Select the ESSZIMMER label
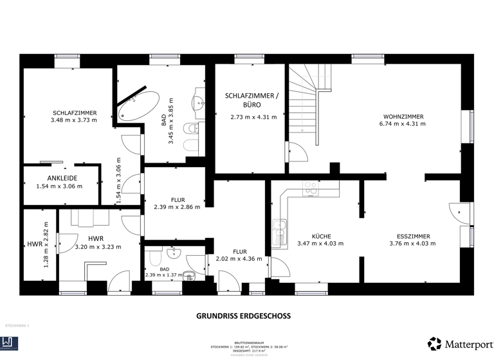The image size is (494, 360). [x=413, y=236]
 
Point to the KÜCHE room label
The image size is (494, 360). [x=320, y=236]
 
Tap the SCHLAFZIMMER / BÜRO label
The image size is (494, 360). [x=253, y=100]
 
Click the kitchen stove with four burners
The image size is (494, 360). [x=311, y=188]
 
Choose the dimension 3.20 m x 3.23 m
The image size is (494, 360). [x=98, y=246]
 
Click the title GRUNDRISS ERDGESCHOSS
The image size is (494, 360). [x=243, y=316]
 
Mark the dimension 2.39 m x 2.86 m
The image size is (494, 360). [x=177, y=207]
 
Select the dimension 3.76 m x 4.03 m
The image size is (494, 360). [x=413, y=244]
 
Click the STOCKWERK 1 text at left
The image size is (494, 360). [x=17, y=326]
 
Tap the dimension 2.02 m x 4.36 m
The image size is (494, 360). [x=240, y=259]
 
